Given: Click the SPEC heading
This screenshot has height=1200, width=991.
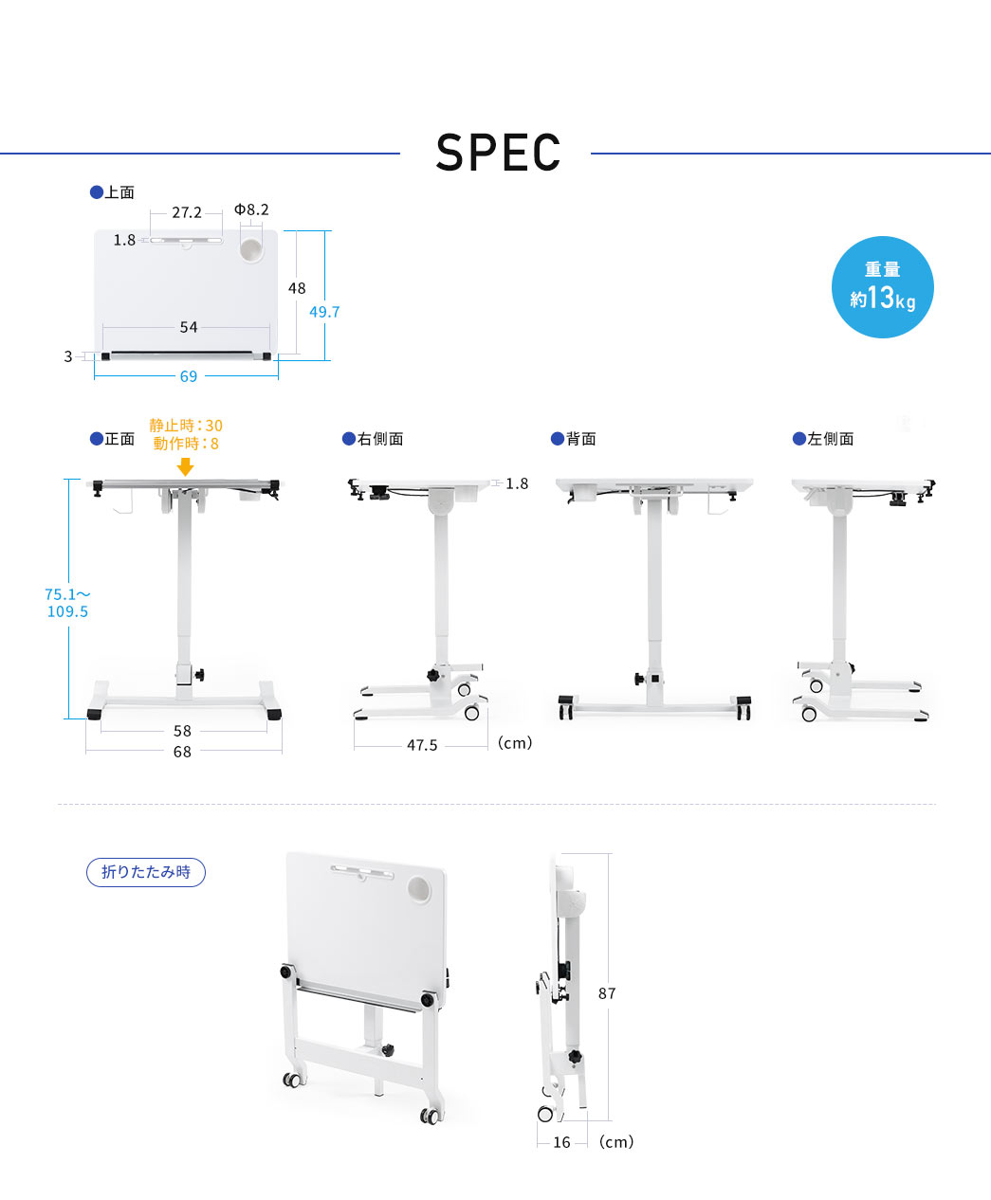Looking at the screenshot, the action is (x=498, y=153).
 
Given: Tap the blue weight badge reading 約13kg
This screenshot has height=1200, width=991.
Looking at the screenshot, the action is (x=882, y=287).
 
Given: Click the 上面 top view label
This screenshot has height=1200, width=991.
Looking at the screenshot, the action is (x=112, y=192).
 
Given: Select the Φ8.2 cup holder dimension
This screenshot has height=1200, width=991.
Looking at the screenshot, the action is (x=251, y=209).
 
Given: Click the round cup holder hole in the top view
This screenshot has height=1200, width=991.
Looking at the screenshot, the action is (x=251, y=250).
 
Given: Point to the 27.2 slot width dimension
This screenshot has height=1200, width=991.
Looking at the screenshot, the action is (x=187, y=212).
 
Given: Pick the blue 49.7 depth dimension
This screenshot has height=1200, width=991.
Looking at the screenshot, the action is (x=324, y=312).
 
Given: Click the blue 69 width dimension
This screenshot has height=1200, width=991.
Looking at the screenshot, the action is (x=189, y=376).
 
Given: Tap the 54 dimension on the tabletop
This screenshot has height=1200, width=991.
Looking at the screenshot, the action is (x=189, y=327).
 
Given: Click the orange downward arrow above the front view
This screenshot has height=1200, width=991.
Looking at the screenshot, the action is (x=185, y=466).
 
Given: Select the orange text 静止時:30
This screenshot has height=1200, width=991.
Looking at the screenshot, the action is (x=186, y=426).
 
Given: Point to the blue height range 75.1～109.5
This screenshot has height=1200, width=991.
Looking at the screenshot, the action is (x=67, y=603).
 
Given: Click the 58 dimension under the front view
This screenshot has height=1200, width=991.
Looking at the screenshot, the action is (x=182, y=731).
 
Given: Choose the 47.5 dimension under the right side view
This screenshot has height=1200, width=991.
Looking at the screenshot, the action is (x=422, y=745).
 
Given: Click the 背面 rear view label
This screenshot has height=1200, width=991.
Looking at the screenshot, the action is (x=574, y=439).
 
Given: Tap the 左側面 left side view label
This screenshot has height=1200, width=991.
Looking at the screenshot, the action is (x=823, y=439).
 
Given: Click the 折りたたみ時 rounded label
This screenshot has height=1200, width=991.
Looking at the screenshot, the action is (x=145, y=872).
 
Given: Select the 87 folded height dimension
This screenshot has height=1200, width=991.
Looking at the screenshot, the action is (x=607, y=993).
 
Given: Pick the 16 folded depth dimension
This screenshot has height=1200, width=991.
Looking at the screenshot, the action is (x=562, y=1142).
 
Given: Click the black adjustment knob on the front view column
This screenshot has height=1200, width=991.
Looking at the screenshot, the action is (x=199, y=675).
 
